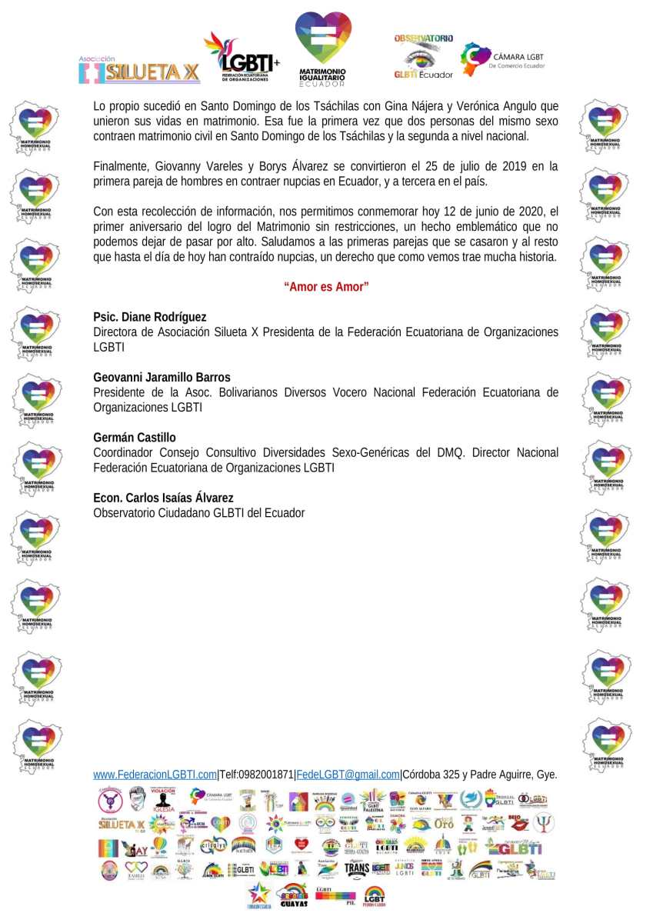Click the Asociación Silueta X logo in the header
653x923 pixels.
coord(139,70)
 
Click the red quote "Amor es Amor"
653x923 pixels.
coord(326,287)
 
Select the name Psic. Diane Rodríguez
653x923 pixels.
coord(149,317)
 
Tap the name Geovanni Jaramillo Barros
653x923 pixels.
coord(162,377)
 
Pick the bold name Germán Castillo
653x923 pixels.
coord(135,438)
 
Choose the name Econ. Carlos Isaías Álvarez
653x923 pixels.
coord(163,498)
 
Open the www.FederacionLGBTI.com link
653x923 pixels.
coord(155,775)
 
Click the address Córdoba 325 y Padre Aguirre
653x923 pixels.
coord(469,775)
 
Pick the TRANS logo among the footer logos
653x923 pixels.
coord(356,869)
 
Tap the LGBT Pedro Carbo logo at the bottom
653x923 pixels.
coord(375,896)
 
